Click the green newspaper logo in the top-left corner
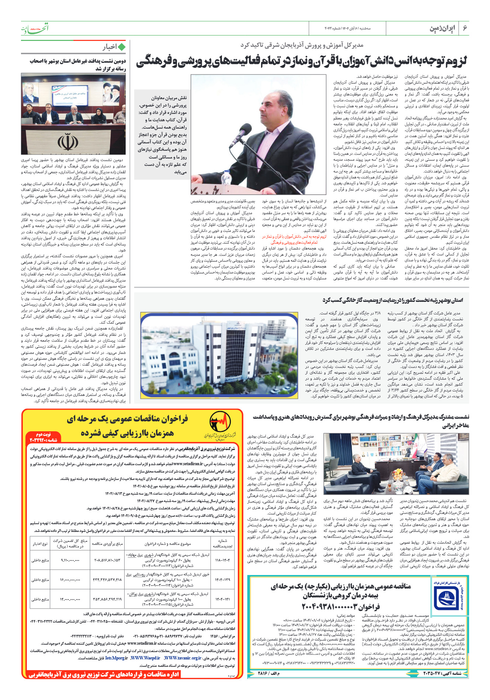[x=34, y=28]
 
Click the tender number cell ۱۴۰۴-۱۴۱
[x=222, y=599]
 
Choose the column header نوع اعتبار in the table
[x=40, y=544]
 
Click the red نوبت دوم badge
[x=44, y=438]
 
